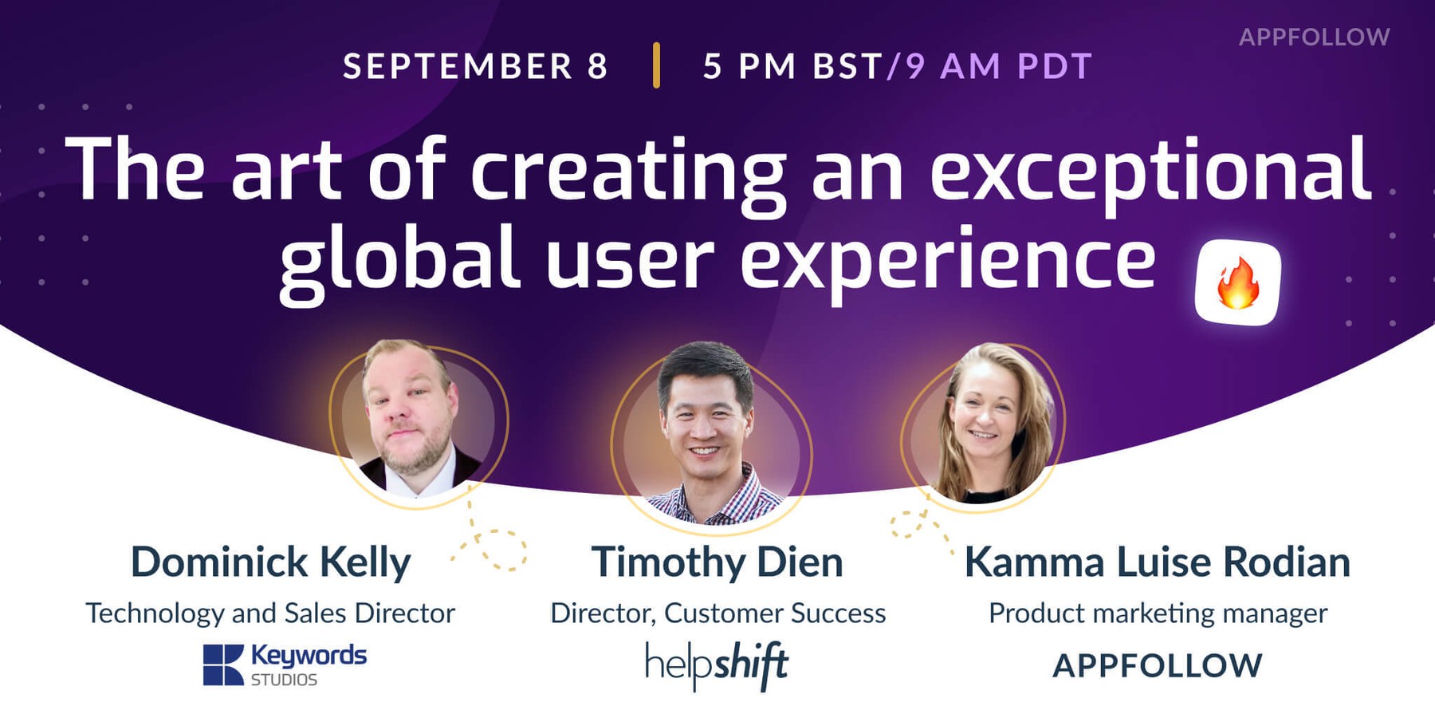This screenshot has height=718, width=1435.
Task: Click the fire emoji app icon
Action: click(x=1237, y=282)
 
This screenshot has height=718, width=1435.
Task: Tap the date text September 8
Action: click(x=476, y=66)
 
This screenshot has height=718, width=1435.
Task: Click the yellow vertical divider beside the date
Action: click(x=656, y=65)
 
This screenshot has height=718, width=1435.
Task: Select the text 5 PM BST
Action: click(x=792, y=66)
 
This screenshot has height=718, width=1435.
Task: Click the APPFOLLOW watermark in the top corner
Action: click(x=1314, y=37)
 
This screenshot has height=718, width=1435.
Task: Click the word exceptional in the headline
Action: click(x=1150, y=170)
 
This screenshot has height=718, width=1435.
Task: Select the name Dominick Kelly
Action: click(x=270, y=562)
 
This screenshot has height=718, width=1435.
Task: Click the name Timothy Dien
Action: click(x=717, y=562)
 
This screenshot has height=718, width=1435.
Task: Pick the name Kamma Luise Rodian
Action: click(x=1157, y=562)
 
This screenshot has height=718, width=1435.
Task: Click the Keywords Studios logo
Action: click(x=285, y=665)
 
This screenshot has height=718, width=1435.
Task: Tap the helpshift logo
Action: click(x=717, y=665)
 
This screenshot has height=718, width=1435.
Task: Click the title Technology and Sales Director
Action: click(x=270, y=613)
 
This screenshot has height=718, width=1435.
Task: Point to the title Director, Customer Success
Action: click(x=717, y=613)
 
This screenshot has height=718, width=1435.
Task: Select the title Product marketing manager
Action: click(x=1158, y=613)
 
